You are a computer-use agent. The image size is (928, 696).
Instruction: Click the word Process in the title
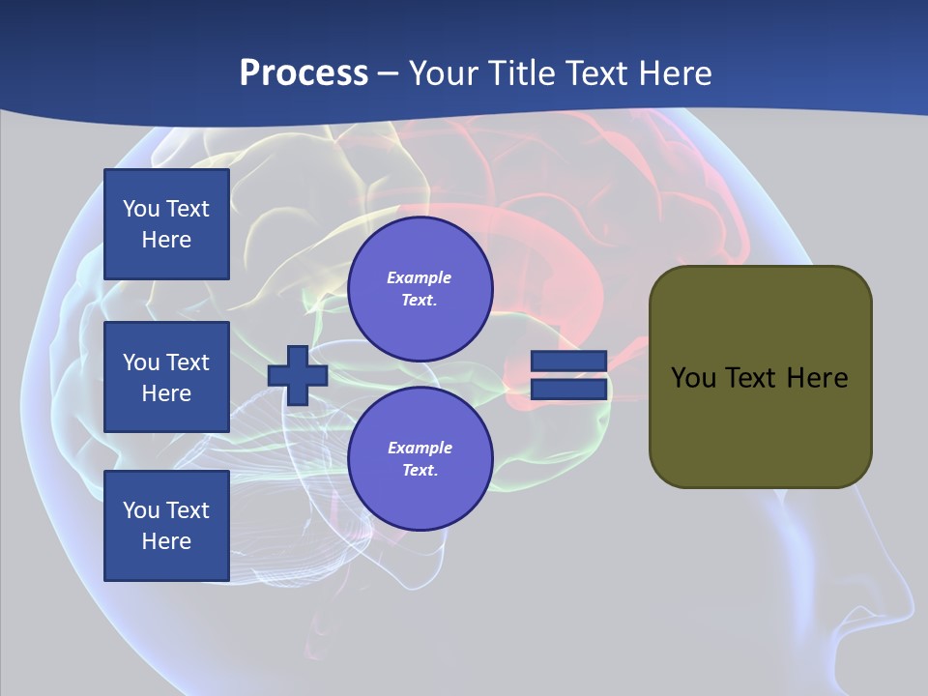304,73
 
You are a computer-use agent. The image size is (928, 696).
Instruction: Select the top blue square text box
166,224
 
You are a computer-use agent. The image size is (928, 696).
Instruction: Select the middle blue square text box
166,377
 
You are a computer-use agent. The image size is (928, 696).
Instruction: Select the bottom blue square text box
166,526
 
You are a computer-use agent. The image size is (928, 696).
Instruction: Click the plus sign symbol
298,375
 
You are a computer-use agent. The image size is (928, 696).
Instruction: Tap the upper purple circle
420,289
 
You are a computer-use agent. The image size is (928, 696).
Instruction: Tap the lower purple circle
420,459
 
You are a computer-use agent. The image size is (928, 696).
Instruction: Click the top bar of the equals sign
568,362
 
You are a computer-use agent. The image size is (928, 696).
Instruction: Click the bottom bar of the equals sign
568,389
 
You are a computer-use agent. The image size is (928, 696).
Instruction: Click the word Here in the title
675,73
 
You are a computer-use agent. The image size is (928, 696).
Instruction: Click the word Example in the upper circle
420,277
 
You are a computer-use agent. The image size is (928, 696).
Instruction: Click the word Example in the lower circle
420,448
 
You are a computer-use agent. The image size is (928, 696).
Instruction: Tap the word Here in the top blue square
166,240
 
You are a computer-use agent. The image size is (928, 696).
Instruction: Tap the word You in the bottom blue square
141,510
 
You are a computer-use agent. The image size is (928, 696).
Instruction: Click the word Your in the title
442,73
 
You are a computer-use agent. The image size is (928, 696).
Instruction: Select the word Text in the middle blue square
187,362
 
